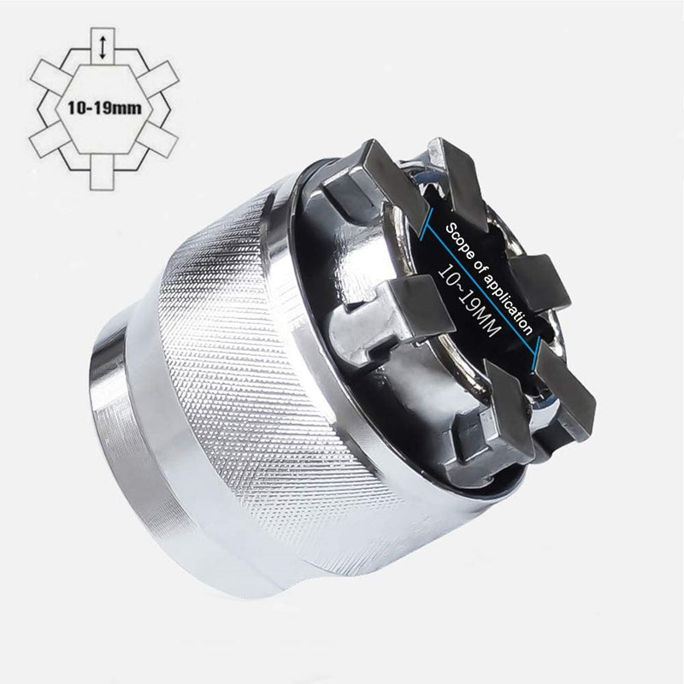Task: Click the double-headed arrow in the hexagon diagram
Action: point(103,47)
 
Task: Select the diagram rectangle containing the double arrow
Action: point(103,48)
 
